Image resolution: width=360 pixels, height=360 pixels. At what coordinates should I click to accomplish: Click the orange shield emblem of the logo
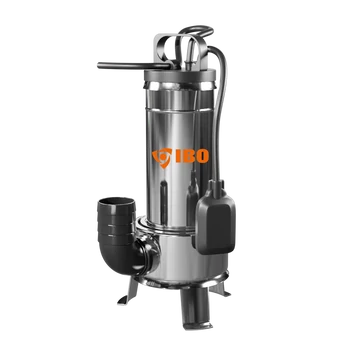click(162, 157)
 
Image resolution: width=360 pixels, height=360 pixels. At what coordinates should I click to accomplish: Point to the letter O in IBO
click(202, 156)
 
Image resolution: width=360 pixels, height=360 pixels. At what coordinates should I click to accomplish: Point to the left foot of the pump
click(129, 293)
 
